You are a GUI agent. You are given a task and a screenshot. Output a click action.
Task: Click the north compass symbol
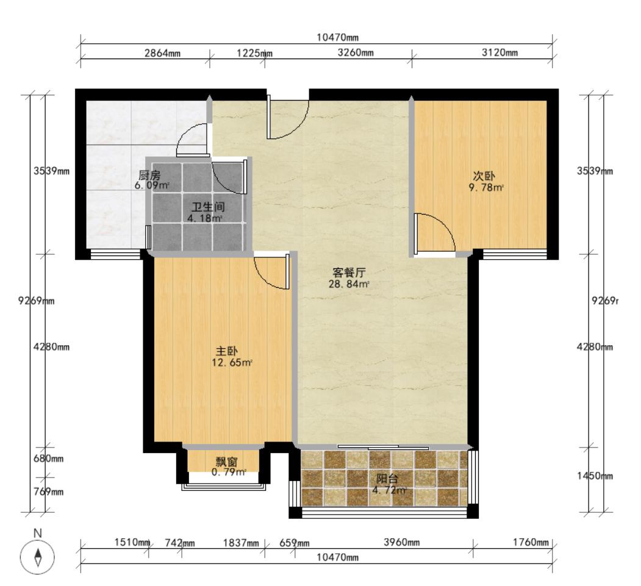coord(38,557)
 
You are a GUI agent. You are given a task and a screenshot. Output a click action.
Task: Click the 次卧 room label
coord(485,177)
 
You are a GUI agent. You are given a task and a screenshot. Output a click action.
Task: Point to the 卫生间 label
coord(204,207)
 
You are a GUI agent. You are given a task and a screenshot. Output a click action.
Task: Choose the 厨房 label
coord(150,176)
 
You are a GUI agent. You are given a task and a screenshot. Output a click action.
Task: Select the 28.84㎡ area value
coord(349,284)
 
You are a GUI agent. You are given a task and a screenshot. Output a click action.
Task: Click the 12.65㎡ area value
coord(232,363)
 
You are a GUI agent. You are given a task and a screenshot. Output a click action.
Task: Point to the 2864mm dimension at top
coord(162,53)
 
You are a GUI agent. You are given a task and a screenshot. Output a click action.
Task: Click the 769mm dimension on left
coord(48,491)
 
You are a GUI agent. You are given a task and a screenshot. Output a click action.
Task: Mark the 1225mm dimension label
coord(254,53)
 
